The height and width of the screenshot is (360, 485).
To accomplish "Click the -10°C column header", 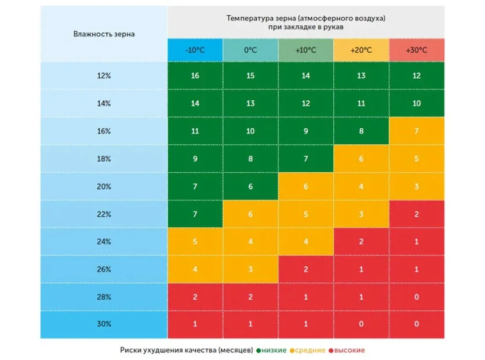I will (195, 50).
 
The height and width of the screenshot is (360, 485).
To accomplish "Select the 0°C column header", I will (250, 50).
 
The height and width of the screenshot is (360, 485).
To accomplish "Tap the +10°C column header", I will (306, 50).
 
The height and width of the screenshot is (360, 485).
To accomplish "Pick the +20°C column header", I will (361, 50).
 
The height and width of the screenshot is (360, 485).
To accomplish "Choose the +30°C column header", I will (416, 50).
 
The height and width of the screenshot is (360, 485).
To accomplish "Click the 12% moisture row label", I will (104, 75).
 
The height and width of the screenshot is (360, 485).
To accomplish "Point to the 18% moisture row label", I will (104, 159).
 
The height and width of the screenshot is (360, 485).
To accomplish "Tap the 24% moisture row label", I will (104, 242).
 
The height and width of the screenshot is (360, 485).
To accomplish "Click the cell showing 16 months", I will (195, 75).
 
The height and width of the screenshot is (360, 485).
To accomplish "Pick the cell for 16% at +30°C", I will (416, 131).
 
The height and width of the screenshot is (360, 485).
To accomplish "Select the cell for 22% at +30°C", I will (416, 214).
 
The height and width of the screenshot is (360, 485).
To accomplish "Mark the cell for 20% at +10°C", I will (306, 187).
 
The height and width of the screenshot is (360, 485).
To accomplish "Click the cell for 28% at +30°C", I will (416, 297).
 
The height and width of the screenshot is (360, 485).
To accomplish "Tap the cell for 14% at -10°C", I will (195, 103).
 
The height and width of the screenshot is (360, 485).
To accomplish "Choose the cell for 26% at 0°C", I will (250, 270).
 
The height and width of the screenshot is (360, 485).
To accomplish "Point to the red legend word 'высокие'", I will (349, 350).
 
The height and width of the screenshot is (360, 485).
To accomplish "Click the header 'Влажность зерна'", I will (104, 34).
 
